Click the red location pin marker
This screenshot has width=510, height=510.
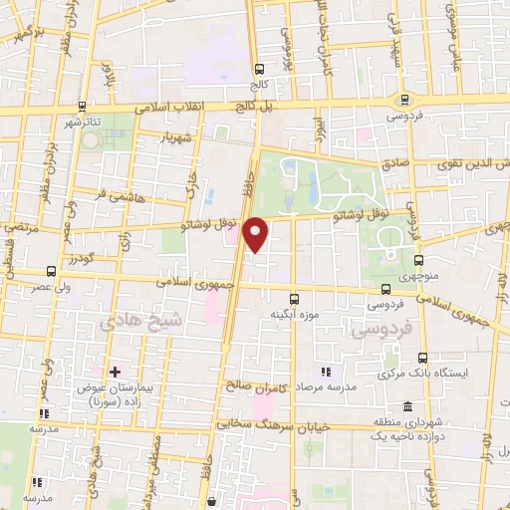(256, 234)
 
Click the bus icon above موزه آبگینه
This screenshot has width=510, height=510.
(294, 298)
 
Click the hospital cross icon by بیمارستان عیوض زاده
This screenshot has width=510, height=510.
(116, 372)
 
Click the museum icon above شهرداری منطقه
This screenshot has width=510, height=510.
(407, 406)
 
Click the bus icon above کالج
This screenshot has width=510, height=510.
(260, 69)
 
